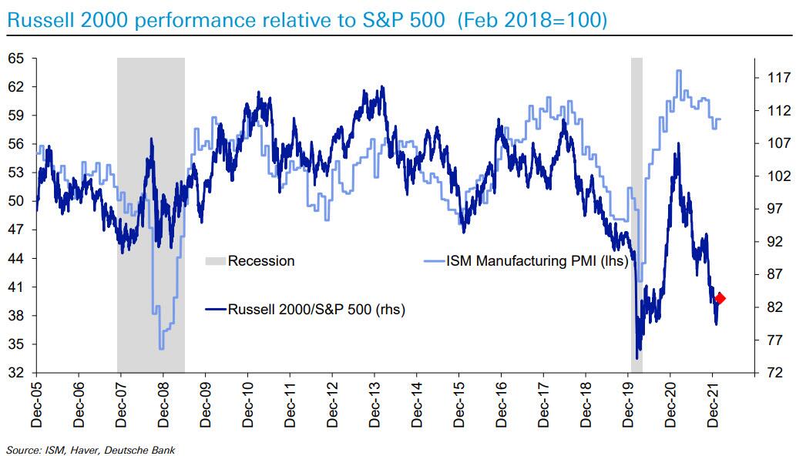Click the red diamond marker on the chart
tap(720, 298)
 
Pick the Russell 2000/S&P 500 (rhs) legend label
tap(316, 309)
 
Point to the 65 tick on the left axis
tap(16, 59)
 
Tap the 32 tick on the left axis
tap(16, 373)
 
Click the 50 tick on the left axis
tap(16, 202)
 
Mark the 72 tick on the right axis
tap(774, 373)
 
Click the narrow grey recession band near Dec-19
tap(636, 154)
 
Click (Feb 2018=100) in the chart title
tap(531, 19)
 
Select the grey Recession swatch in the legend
tap(215, 261)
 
